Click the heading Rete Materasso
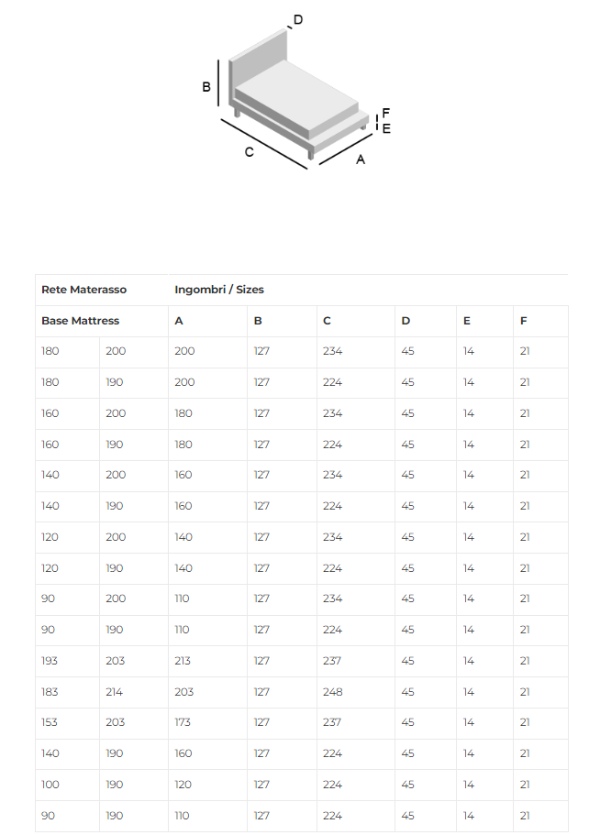(x=83, y=290)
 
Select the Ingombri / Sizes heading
(x=218, y=290)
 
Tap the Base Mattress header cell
(x=80, y=321)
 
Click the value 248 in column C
(x=332, y=691)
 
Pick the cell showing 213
(x=184, y=661)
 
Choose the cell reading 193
(x=50, y=661)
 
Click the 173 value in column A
(x=183, y=722)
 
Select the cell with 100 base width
(x=50, y=785)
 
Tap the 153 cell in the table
(x=50, y=722)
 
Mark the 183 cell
(x=50, y=691)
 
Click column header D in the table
(x=406, y=321)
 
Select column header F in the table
(x=523, y=321)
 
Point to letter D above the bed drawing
(x=298, y=20)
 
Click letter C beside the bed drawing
(x=249, y=152)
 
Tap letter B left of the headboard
(x=206, y=87)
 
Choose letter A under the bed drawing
(x=361, y=159)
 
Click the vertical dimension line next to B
(x=218, y=84)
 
